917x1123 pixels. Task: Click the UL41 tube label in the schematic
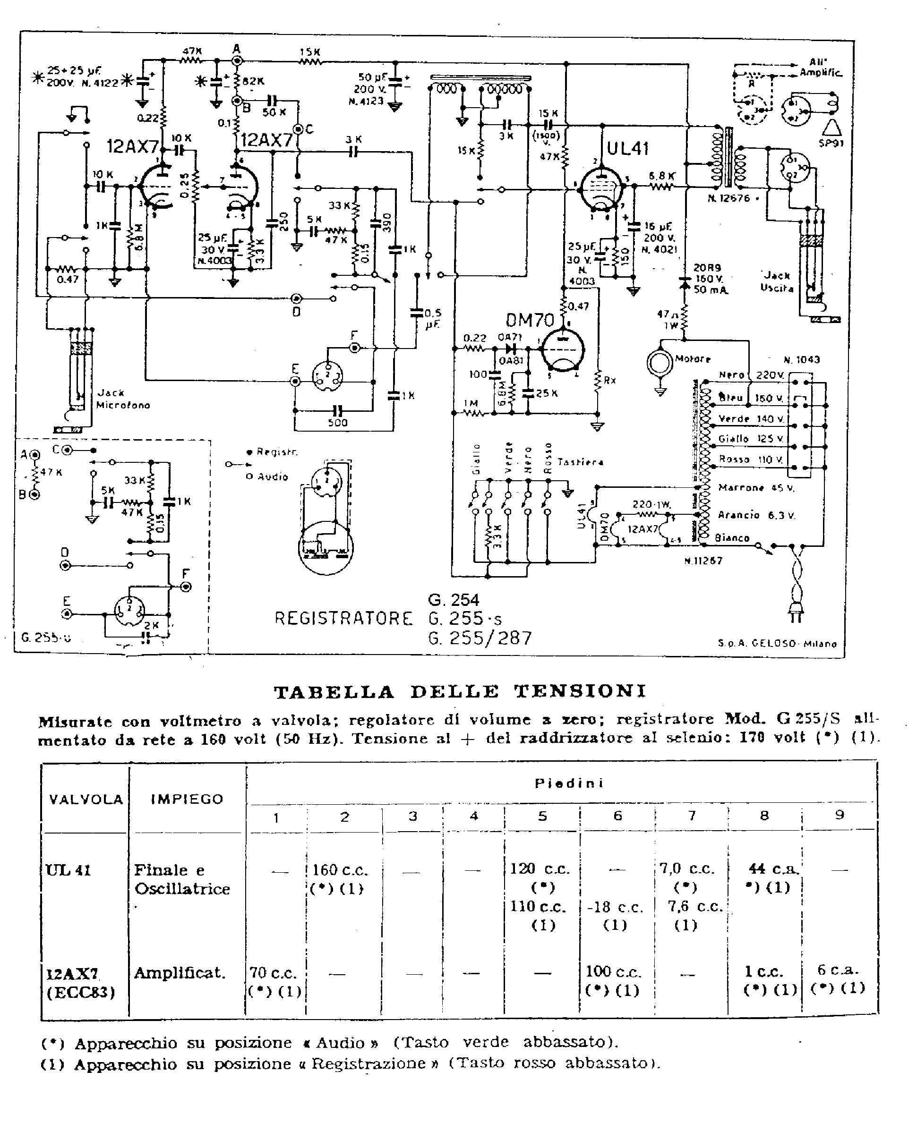click(x=627, y=149)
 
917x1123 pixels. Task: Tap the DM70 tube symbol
click(x=562, y=349)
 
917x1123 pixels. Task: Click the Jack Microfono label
click(x=122, y=399)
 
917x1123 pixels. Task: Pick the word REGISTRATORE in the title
click(x=343, y=618)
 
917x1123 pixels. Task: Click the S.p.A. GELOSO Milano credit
click(x=777, y=643)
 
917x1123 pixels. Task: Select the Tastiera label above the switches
click(x=580, y=462)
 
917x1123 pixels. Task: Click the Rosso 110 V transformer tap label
click(x=750, y=460)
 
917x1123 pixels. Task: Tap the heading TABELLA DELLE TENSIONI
click(x=460, y=692)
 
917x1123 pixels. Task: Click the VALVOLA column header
click(x=86, y=799)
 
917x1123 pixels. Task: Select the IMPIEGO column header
click(x=187, y=799)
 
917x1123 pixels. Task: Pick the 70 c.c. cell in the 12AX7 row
click(x=273, y=972)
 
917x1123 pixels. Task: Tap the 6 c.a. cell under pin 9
click(x=838, y=970)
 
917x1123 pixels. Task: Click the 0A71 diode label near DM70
click(x=510, y=337)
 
